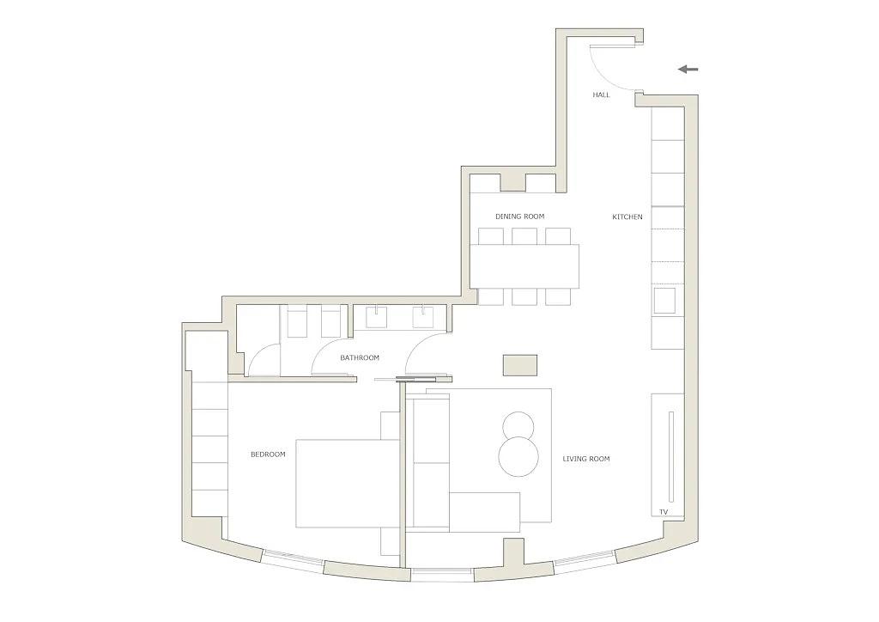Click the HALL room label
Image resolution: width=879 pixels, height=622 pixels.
pos(601,95)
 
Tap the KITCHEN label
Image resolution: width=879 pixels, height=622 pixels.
pos(627,216)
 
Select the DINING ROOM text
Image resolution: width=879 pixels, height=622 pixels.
pos(519,216)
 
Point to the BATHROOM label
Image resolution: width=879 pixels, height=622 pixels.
pos(360,357)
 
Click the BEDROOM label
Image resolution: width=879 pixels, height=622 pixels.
pos(268,454)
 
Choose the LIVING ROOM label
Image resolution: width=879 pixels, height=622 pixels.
pos(586,459)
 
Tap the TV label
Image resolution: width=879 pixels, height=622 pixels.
pos(664,512)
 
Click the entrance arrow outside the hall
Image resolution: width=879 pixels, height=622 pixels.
pos(688,69)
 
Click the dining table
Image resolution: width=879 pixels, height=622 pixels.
pos(524,265)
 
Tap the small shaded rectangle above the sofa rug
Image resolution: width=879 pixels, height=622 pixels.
pos(519,365)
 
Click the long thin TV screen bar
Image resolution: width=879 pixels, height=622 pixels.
pos(670,456)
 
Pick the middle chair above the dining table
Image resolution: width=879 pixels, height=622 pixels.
pos(524,236)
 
